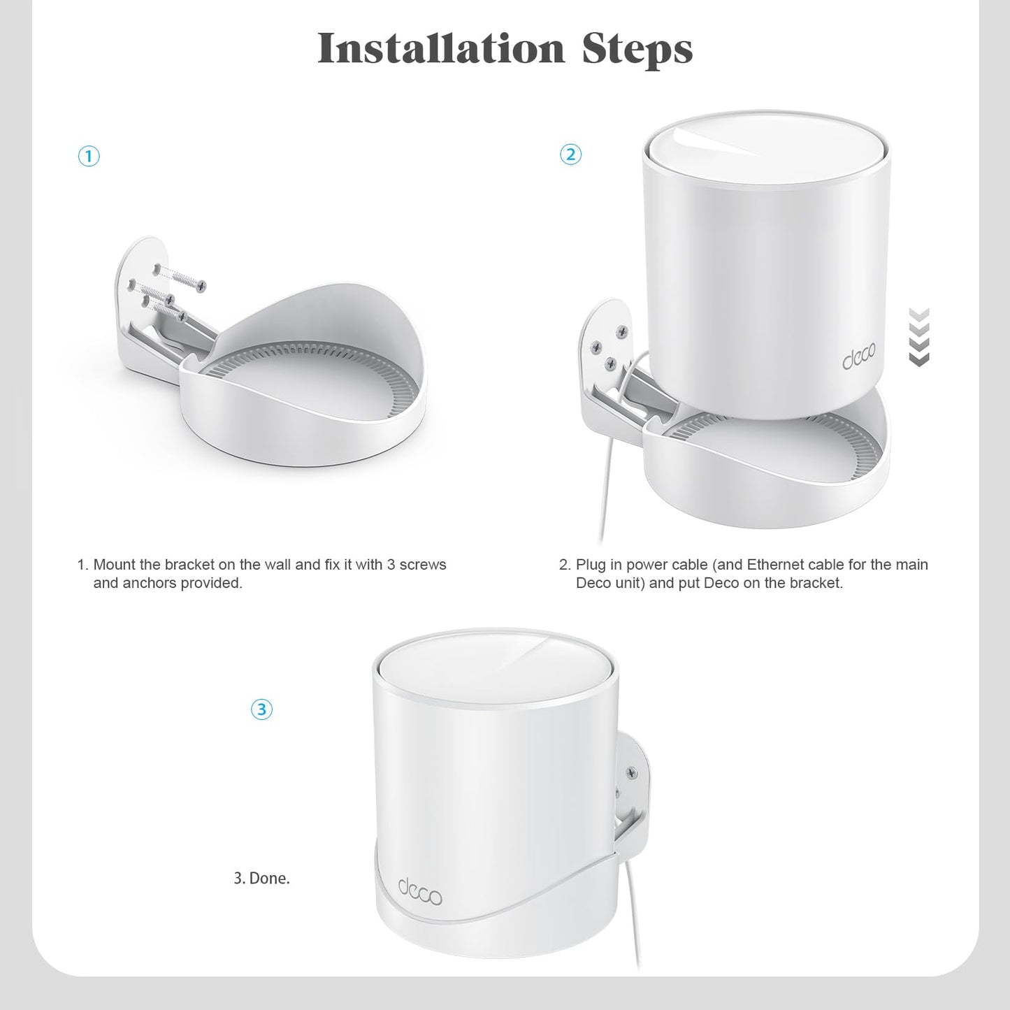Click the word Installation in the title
click(x=440, y=49)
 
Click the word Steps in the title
click(x=637, y=49)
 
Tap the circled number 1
click(x=89, y=157)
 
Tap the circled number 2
click(x=571, y=154)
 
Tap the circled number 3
click(x=261, y=710)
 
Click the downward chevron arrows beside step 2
click(x=919, y=337)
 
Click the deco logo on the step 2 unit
click(x=858, y=358)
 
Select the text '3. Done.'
click(x=261, y=879)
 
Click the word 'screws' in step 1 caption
click(x=422, y=565)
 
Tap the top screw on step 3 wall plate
click(x=632, y=772)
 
